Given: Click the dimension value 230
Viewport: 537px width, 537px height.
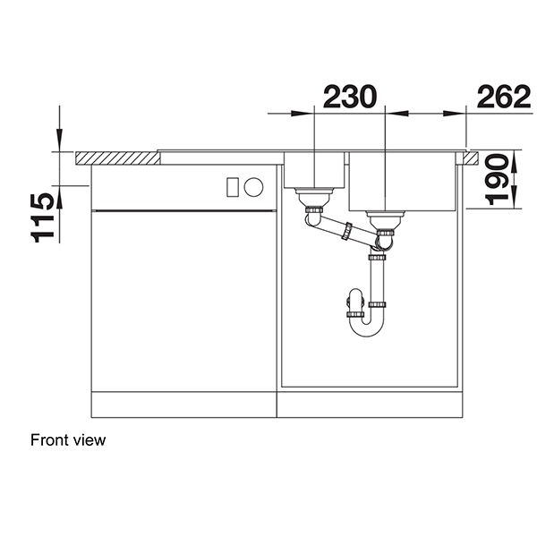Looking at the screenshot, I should pos(349,97).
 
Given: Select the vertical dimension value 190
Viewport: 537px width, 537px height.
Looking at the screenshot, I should pos(505,179).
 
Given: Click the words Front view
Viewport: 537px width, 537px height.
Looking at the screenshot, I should pos(68,439).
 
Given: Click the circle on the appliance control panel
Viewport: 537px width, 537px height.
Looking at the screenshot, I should pos(254,188).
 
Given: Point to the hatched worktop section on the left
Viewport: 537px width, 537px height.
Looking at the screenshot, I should pos(117,158).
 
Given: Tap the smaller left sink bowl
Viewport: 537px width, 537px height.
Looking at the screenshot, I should pos(314,170).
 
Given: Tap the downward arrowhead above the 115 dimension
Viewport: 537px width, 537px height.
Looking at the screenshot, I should pos(59,142).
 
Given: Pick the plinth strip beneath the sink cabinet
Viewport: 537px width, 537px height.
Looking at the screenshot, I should pos(371,405).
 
